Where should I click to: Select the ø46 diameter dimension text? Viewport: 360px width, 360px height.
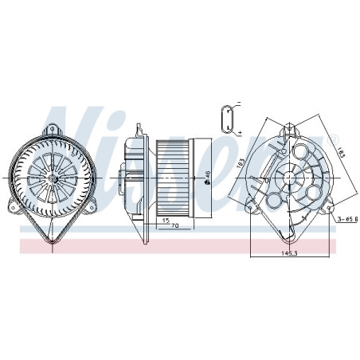(205, 179)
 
